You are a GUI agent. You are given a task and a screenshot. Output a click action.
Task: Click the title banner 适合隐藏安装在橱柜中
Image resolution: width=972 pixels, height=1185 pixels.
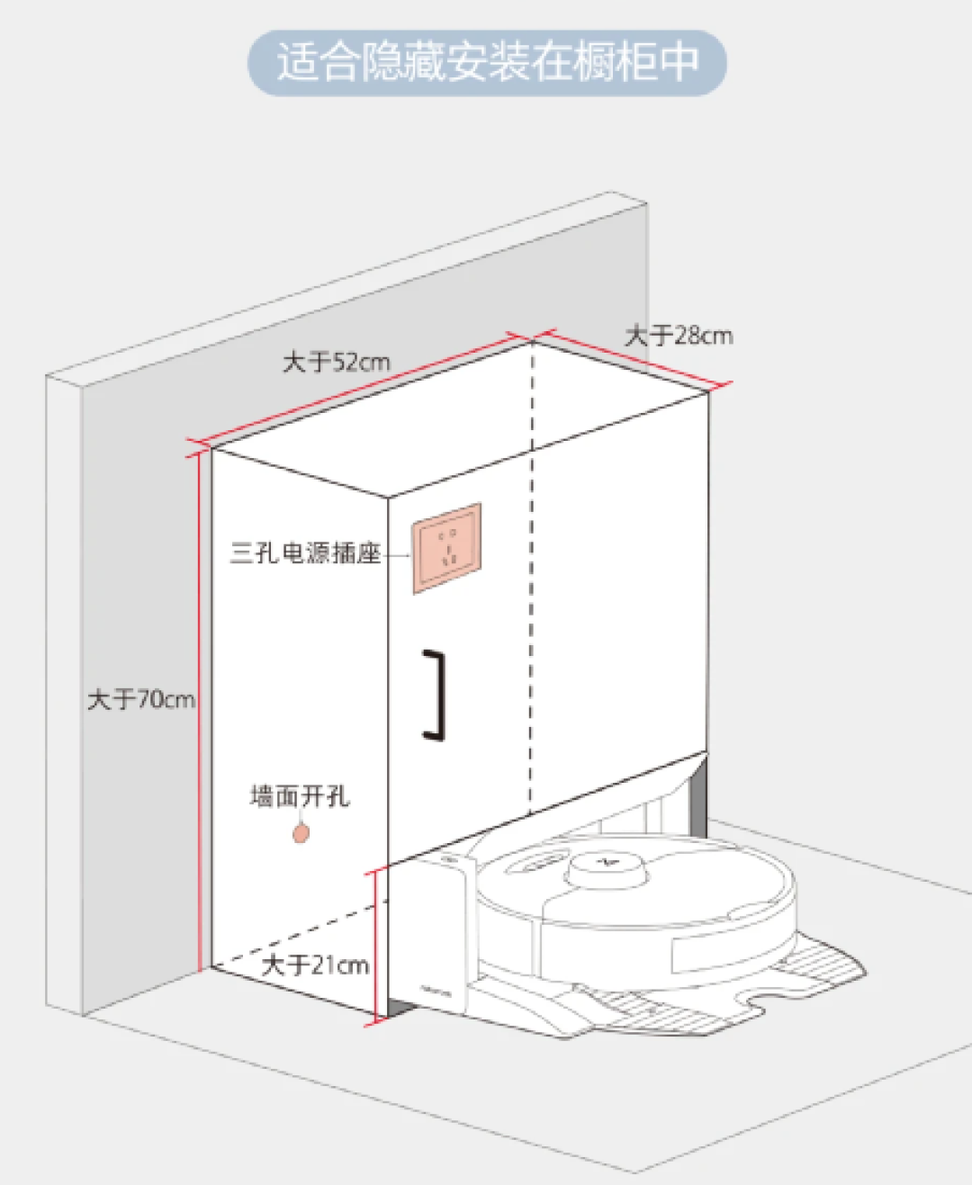(x=487, y=63)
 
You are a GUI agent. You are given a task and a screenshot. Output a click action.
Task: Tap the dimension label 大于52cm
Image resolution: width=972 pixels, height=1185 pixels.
(x=336, y=363)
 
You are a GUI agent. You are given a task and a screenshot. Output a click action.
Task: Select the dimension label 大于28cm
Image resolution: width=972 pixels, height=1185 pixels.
(x=679, y=337)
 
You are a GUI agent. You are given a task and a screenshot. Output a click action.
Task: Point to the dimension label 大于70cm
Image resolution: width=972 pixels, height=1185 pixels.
(x=140, y=699)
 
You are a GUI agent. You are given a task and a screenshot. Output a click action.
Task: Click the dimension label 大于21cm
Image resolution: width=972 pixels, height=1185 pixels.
(x=315, y=965)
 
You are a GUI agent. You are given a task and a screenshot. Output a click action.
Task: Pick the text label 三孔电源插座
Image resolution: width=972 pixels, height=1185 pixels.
(x=306, y=552)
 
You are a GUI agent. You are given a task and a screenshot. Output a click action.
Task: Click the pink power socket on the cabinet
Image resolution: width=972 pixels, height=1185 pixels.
(x=447, y=548)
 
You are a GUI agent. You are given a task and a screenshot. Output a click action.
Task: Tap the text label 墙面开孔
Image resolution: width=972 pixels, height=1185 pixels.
(x=299, y=796)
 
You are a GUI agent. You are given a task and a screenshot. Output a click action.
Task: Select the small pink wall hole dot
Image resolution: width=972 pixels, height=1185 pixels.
(x=301, y=833)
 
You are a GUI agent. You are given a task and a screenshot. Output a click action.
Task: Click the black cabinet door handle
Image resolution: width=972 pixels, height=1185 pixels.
(x=437, y=695)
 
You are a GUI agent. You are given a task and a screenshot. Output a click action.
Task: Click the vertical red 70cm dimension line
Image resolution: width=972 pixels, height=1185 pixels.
(x=199, y=711)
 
